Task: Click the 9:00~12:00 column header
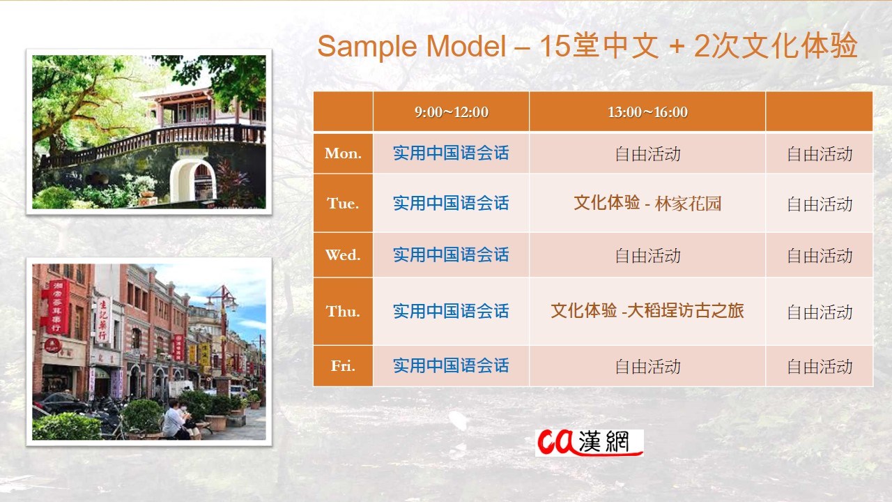click(x=451, y=112)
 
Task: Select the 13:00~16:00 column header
click(x=647, y=112)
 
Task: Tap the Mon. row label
click(x=343, y=153)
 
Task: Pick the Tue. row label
click(x=343, y=203)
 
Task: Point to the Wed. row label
click(x=343, y=255)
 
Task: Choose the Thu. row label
click(x=343, y=312)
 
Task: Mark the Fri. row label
click(x=343, y=366)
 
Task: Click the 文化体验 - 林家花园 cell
click(x=647, y=203)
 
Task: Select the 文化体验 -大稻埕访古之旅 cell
click(x=647, y=311)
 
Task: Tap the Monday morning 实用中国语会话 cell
click(x=451, y=153)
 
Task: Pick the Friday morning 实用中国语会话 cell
click(x=451, y=366)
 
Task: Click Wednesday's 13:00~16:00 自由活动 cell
click(x=647, y=255)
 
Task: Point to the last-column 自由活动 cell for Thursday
click(x=820, y=312)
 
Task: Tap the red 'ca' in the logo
click(x=556, y=442)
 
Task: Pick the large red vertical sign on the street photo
click(x=58, y=306)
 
